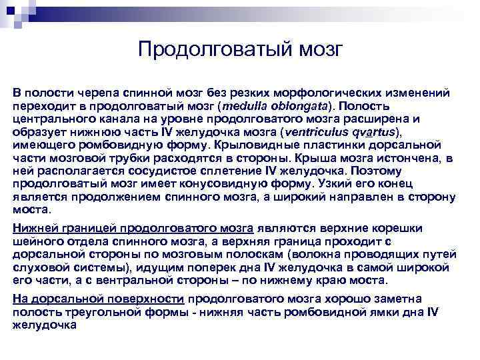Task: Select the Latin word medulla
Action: (248, 105)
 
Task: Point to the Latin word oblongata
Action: (300, 105)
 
